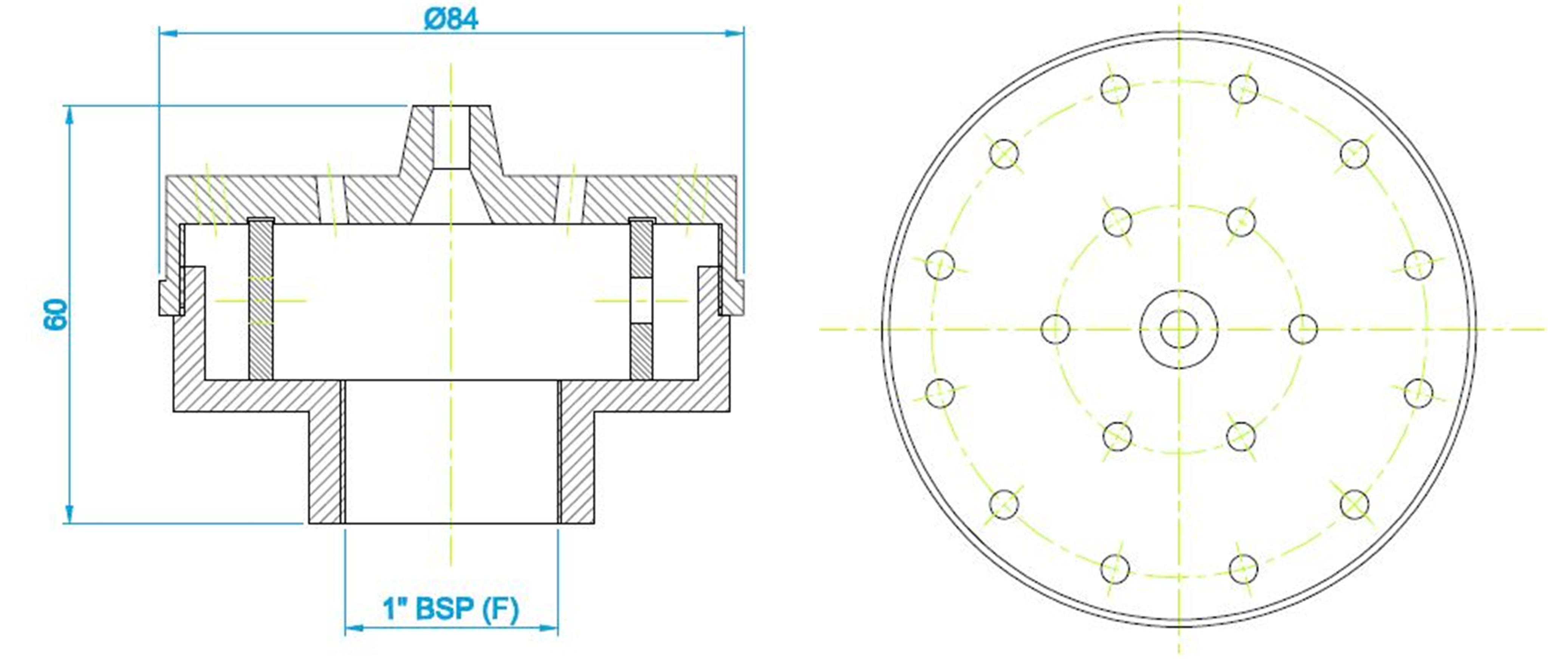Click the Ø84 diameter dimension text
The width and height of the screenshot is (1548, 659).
451,19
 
